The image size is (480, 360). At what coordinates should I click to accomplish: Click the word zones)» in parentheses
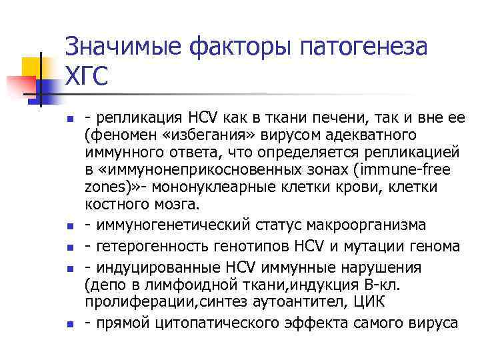(109, 187)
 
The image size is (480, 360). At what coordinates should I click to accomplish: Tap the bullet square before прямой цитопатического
(69, 324)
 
